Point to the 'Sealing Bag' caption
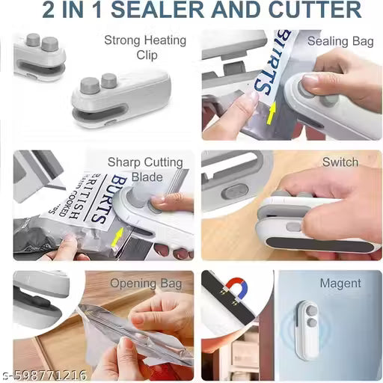tap(340, 41)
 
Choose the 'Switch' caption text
tap(340, 162)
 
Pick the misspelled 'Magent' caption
tap(340, 284)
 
